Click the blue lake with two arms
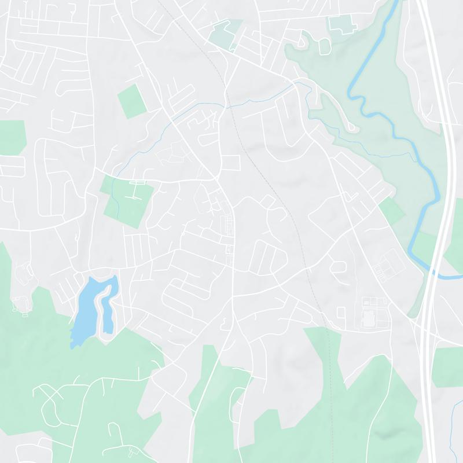coord(84,307)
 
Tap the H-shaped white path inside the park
coord(137,190)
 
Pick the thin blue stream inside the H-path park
coord(115,200)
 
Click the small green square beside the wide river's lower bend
coord(392,210)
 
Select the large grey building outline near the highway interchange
coord(369,318)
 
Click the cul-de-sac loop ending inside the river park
coord(350,124)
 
